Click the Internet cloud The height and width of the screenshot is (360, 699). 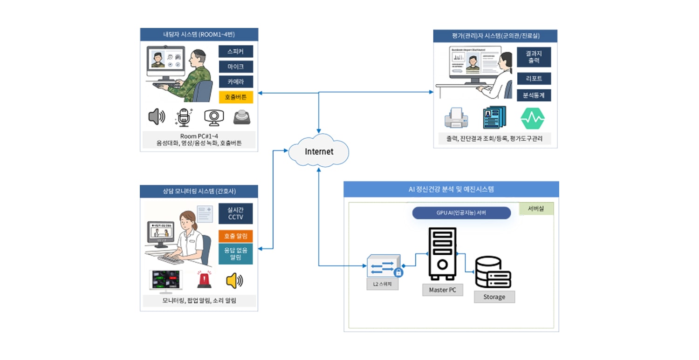click(319, 152)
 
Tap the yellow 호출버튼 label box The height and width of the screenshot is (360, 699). click(236, 97)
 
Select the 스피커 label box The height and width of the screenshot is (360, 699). click(236, 52)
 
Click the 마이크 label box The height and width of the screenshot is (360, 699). click(236, 67)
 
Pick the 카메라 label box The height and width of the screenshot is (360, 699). click(236, 82)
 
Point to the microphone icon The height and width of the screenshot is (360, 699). click(184, 117)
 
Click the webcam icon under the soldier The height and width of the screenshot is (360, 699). click(214, 117)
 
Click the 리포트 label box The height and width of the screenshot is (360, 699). click(534, 78)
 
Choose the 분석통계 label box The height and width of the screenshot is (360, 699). click(534, 95)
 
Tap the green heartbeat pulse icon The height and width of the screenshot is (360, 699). click(533, 118)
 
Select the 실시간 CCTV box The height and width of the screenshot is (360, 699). click(236, 213)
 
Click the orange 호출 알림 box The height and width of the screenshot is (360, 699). click(236, 236)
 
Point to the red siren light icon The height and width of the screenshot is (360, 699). click(205, 280)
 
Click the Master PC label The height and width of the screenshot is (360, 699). click(442, 290)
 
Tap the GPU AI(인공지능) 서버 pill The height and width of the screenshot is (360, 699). click(461, 213)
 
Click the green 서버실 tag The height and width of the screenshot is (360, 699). click(536, 209)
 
